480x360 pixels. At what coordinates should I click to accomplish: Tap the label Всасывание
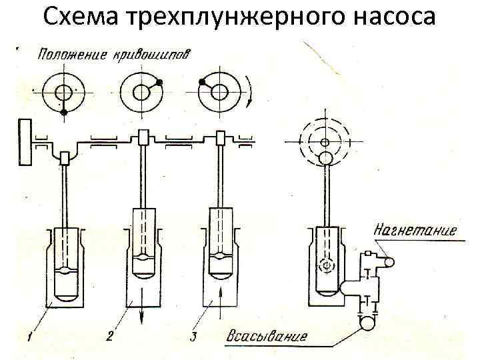click(x=267, y=335)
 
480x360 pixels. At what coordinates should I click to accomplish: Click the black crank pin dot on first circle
click(x=64, y=113)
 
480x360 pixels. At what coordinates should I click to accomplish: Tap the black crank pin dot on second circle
click(x=159, y=83)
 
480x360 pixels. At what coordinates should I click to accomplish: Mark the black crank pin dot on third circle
click(x=201, y=82)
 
